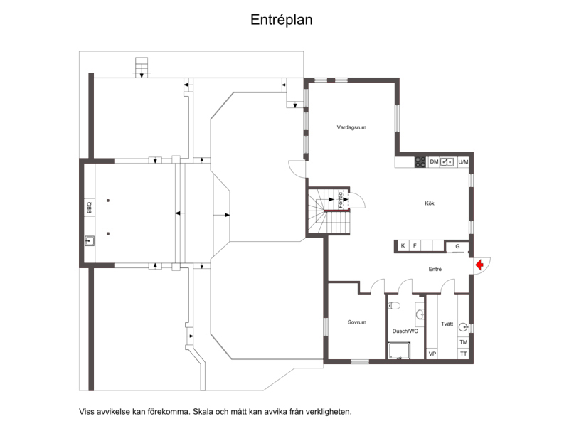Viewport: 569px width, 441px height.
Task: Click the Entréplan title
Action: [281, 20]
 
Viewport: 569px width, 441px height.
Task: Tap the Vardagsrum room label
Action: [351, 127]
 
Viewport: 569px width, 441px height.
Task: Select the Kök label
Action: [430, 203]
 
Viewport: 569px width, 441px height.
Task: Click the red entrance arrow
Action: [479, 265]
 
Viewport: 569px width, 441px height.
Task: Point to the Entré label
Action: [435, 270]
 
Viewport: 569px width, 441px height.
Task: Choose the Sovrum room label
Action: [357, 322]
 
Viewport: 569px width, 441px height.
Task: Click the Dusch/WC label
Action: [405, 331]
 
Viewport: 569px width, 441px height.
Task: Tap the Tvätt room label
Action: [447, 324]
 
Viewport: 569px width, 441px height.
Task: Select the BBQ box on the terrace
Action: [90, 208]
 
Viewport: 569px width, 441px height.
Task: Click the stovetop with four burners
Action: [420, 162]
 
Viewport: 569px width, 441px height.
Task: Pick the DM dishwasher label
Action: [434, 162]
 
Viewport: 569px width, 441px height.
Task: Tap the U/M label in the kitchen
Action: [463, 162]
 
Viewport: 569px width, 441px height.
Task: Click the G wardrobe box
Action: [457, 246]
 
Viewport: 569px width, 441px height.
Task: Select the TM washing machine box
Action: [464, 342]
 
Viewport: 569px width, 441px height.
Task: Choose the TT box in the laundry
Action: [464, 354]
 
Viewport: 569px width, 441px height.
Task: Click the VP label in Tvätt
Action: [432, 354]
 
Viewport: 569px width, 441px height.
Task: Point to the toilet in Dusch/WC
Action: [394, 306]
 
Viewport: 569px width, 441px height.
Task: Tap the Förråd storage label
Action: [341, 200]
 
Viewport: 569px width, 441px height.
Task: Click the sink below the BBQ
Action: [90, 240]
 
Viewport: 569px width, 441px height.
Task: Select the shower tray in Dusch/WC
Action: [399, 351]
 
